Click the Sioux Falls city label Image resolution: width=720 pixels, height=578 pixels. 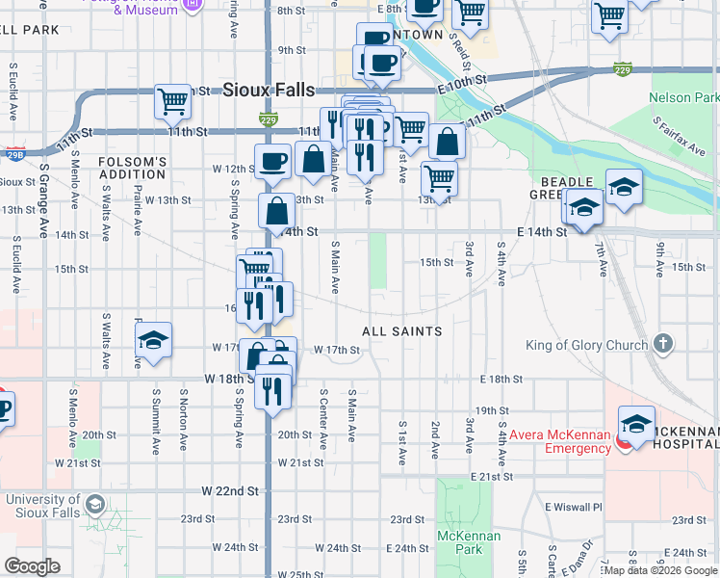pyautogui.click(x=269, y=90)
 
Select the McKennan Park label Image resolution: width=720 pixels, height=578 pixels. pyautogui.click(x=459, y=542)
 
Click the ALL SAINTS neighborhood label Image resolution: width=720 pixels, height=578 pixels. pyautogui.click(x=401, y=331)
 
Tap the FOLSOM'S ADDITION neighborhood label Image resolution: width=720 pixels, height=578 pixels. pyautogui.click(x=132, y=168)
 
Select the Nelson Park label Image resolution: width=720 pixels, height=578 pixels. pyautogui.click(x=683, y=98)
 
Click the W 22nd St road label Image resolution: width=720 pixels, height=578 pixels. pyautogui.click(x=231, y=490)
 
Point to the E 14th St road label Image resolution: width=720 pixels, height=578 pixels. pyautogui.click(x=540, y=232)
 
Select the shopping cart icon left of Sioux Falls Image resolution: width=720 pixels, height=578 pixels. pyautogui.click(x=173, y=99)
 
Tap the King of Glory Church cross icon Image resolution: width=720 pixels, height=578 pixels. pyautogui.click(x=662, y=344)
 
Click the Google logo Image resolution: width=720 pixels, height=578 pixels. pyautogui.click(x=32, y=566)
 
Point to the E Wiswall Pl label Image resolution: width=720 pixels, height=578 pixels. pyautogui.click(x=573, y=507)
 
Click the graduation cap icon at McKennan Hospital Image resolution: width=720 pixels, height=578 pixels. pyautogui.click(x=636, y=424)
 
